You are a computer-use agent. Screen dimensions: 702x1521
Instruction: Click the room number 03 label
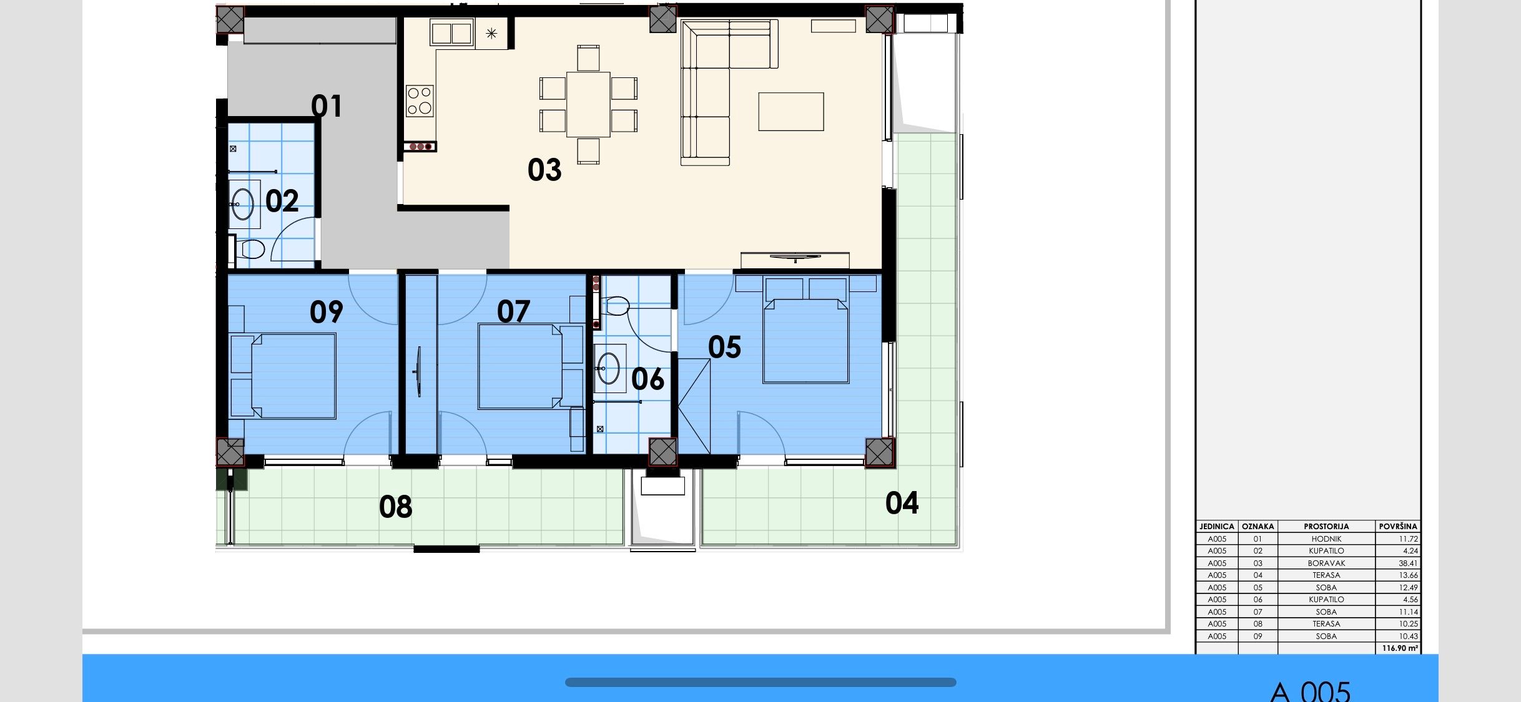[x=544, y=170]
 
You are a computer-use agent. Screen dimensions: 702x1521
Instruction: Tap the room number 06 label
[x=647, y=379]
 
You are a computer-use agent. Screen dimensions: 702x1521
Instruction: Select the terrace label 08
[x=395, y=507]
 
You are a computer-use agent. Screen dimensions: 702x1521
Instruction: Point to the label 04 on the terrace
[x=902, y=503]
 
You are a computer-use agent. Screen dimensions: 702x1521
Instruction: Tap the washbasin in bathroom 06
[x=609, y=368]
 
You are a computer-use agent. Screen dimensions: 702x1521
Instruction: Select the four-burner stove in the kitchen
[x=420, y=100]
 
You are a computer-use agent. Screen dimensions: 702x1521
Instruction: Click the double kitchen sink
[x=451, y=33]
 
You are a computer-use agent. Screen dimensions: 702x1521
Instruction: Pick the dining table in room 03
[x=588, y=104]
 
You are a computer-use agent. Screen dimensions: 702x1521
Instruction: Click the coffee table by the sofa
[x=790, y=112]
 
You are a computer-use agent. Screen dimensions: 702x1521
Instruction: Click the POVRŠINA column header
[x=1397, y=526]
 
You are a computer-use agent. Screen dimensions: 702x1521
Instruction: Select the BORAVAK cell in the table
[x=1326, y=563]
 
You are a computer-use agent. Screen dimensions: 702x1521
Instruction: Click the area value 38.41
[x=1407, y=563]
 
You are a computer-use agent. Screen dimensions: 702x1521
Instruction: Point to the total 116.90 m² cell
[x=1399, y=648]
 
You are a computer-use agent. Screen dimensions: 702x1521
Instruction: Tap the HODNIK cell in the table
[x=1326, y=539]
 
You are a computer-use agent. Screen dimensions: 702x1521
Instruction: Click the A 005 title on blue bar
[x=1310, y=691]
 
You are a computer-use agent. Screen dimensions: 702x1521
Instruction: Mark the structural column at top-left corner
[x=230, y=20]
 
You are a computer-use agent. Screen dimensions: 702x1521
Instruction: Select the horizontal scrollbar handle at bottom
[x=760, y=682]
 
